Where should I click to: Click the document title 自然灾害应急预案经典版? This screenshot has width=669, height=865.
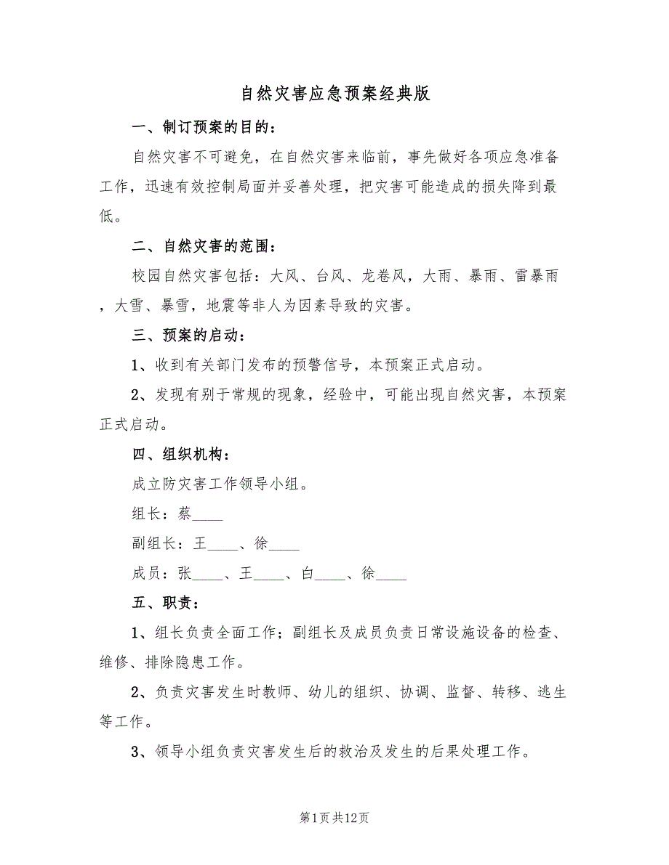click(x=334, y=94)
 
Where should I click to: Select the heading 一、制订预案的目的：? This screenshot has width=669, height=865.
click(x=204, y=128)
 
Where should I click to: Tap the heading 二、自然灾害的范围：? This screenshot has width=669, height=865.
click(x=204, y=248)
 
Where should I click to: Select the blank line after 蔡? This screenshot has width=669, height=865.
click(x=208, y=516)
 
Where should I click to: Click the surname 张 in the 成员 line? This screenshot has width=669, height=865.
click(x=185, y=573)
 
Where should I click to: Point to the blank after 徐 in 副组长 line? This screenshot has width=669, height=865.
click(x=284, y=546)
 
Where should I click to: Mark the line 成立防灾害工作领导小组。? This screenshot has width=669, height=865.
click(x=221, y=484)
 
